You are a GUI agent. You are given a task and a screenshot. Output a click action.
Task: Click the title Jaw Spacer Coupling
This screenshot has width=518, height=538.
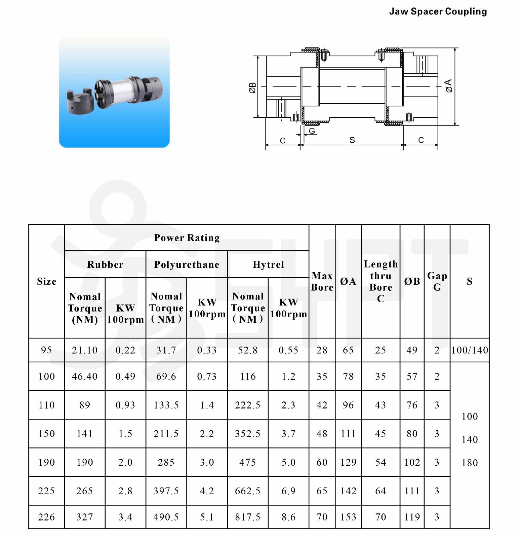tap(438, 11)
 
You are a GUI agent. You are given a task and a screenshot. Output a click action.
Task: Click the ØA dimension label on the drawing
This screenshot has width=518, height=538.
tap(449, 86)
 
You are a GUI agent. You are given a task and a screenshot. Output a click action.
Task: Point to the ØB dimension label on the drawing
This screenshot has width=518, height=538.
tap(253, 87)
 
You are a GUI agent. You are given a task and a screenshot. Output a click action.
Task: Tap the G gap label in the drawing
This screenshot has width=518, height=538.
tap(312, 131)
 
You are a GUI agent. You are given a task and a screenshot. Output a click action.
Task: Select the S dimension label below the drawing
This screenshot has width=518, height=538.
tap(352, 140)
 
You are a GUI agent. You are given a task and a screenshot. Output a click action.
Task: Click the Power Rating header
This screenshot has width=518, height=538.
tap(187, 238)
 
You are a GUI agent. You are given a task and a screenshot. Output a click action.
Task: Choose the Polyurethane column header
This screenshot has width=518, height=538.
tap(187, 264)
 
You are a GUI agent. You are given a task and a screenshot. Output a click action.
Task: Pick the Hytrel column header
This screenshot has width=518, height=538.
tap(268, 264)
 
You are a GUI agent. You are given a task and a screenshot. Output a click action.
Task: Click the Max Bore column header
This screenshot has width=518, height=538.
tap(322, 281)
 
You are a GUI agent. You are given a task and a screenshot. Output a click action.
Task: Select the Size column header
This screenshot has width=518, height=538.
tap(46, 281)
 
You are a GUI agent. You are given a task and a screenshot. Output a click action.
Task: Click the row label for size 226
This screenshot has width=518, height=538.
tap(46, 517)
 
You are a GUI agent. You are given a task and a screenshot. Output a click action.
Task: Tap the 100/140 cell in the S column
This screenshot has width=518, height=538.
tap(469, 350)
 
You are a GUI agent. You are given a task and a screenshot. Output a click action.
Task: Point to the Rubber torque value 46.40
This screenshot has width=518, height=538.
tap(84, 376)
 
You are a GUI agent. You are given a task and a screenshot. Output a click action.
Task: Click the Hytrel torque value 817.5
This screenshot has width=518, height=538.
tap(247, 517)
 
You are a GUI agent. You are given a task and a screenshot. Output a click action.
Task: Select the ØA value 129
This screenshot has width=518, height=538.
tap(348, 462)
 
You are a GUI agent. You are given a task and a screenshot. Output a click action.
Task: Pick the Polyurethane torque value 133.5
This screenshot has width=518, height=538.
tap(166, 405)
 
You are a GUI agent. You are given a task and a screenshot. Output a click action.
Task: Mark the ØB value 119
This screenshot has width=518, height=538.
tap(412, 517)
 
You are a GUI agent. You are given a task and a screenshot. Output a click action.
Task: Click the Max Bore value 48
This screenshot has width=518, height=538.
tap(322, 434)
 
